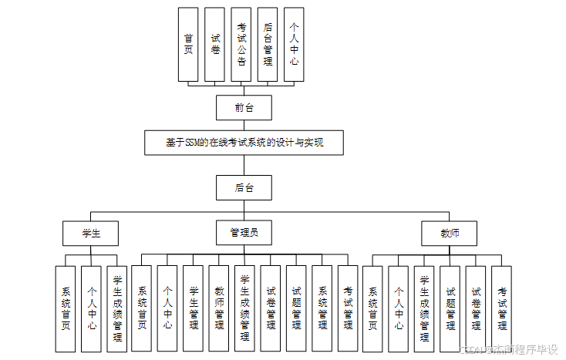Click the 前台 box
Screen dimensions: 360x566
(244, 107)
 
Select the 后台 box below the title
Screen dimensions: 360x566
(244, 187)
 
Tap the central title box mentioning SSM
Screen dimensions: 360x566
(244, 143)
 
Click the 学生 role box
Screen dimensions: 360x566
(92, 233)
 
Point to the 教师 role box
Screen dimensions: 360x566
(450, 233)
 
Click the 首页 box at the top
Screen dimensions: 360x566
(188, 44)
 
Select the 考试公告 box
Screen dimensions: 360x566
(241, 44)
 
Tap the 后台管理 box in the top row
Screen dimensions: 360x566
(268, 44)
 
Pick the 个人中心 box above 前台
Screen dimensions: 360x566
(294, 44)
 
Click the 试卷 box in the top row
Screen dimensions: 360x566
(214, 44)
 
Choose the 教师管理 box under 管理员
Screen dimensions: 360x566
(220, 308)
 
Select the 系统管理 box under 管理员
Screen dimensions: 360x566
(322, 308)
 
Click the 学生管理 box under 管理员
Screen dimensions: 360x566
(194, 308)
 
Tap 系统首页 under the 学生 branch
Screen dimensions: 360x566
(66, 308)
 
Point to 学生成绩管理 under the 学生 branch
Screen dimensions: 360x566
(117, 308)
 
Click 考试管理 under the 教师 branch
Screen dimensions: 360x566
(502, 308)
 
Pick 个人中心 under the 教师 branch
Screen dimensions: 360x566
(399, 308)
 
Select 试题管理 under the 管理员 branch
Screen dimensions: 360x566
(297, 308)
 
